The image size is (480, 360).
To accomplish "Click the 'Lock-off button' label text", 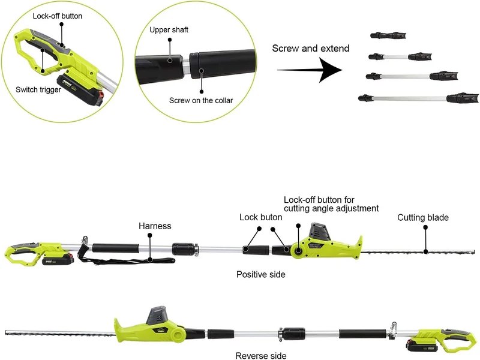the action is pyautogui.click(x=58, y=16).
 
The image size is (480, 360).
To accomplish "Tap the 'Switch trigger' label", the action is pyautogui.click(x=38, y=89).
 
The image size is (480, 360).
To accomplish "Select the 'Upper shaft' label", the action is pyautogui.click(x=169, y=29).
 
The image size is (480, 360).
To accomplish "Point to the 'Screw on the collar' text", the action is pyautogui.click(x=201, y=100).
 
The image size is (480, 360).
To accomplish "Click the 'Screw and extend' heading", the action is pyautogui.click(x=311, y=49).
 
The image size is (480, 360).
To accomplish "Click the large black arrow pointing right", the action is pyautogui.click(x=310, y=70).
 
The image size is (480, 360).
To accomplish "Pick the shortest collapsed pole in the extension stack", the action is pyautogui.click(x=388, y=35).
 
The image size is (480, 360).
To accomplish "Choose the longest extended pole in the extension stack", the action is pyautogui.click(x=418, y=98).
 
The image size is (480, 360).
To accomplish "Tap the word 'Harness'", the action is pyautogui.click(x=155, y=226).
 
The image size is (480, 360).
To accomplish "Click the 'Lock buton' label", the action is pyautogui.click(x=261, y=217).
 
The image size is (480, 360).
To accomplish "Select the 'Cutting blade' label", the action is pyautogui.click(x=423, y=218).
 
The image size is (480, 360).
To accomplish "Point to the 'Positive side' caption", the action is pyautogui.click(x=261, y=274).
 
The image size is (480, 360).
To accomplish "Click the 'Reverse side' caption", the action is pyautogui.click(x=261, y=356).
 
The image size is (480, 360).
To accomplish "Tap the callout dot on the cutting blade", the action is pyautogui.click(x=425, y=251).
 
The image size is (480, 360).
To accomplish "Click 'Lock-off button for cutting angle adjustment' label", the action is pyautogui.click(x=331, y=204).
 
